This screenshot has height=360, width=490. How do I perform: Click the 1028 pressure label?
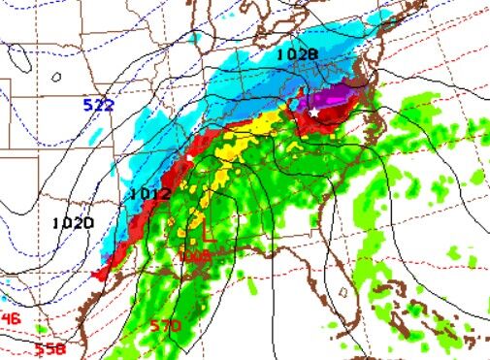point(296,55)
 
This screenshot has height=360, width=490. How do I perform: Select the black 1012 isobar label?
point(150,194)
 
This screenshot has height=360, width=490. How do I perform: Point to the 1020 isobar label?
point(74,222)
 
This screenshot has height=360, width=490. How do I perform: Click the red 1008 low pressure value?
point(195,255)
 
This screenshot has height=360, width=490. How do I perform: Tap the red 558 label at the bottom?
point(49,348)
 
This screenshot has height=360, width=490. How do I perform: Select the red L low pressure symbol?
point(207,236)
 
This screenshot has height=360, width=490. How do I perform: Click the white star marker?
point(313,113)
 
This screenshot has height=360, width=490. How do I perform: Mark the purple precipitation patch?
point(330,98)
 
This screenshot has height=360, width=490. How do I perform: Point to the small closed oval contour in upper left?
point(57,77)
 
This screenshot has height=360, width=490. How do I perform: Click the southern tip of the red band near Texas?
point(98,276)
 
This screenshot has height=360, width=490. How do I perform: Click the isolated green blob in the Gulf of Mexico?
point(253,286)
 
